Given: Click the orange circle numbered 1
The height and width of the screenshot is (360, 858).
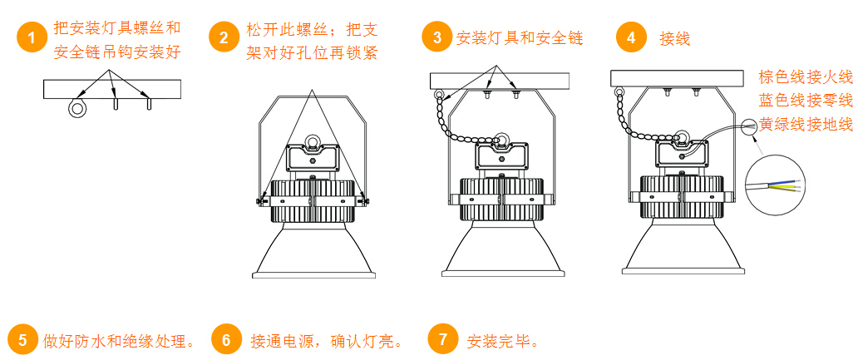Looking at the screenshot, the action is coord(32,37).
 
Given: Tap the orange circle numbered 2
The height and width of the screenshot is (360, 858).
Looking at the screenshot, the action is coord(224,37).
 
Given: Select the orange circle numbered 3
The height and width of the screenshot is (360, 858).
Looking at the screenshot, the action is coord(436,37).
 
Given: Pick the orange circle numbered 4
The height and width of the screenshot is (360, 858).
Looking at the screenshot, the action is coord(631,37).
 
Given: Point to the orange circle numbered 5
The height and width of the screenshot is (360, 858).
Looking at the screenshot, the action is coord(22,340).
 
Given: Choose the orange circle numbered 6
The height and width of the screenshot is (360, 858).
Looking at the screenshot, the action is coord(226,340).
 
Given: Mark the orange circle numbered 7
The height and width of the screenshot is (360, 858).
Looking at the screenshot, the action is coord(442,340).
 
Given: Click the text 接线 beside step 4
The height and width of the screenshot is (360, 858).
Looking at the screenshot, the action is coord(675,38).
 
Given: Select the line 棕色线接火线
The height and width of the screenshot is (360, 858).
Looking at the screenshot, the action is coord(806,77).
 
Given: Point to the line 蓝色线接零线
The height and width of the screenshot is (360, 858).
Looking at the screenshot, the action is coord(806,101).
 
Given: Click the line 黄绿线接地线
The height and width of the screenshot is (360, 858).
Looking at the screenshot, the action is coord(806,125).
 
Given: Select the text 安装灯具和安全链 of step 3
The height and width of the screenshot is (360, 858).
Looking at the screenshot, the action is coord(519,38).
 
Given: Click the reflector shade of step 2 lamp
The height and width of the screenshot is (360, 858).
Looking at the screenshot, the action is coord(313,251).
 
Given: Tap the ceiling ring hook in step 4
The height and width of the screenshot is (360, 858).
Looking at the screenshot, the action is coord(619,92).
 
